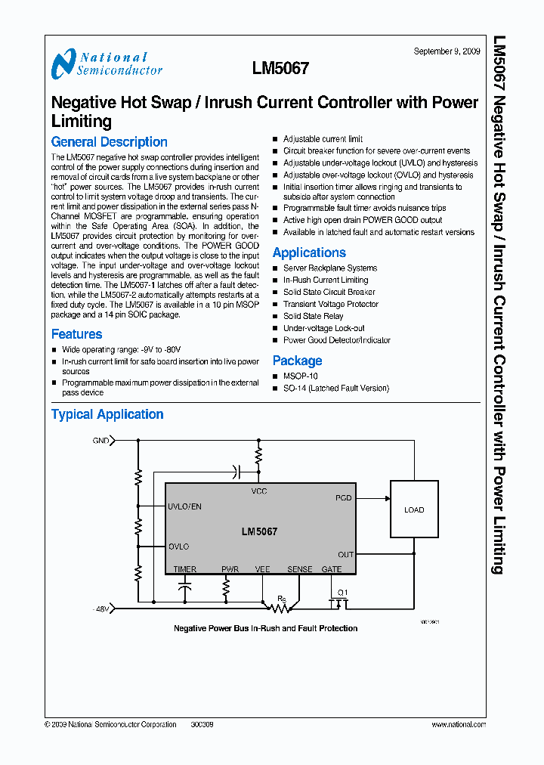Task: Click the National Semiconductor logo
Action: click(x=106, y=64)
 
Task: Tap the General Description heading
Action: click(x=109, y=142)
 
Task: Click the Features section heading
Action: click(x=76, y=334)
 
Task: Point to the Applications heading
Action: click(x=309, y=253)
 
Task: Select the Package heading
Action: click(x=297, y=361)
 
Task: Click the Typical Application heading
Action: click(x=107, y=414)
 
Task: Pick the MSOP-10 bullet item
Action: click(x=300, y=376)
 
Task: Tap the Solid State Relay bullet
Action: click(x=313, y=316)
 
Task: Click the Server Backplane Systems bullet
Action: click(x=329, y=268)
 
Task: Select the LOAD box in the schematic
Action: click(x=414, y=510)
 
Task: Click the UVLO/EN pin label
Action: click(x=184, y=506)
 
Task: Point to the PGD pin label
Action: click(x=344, y=498)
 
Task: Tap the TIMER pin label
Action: click(x=185, y=569)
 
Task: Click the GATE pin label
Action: click(x=332, y=569)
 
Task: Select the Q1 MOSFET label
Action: click(x=342, y=593)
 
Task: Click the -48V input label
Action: click(x=101, y=609)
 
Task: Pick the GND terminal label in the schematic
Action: click(x=100, y=440)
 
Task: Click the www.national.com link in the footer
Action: click(x=459, y=724)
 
